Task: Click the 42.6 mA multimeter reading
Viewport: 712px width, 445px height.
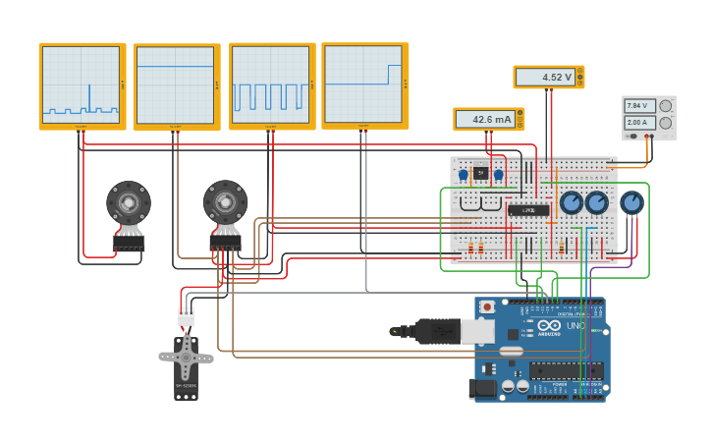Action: coord(484,119)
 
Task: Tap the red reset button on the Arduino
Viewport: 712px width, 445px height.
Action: coord(487,306)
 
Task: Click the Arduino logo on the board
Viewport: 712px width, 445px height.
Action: coord(548,326)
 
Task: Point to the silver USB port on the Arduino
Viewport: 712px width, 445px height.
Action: coord(477,331)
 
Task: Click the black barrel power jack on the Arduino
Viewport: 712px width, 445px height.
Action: coord(483,388)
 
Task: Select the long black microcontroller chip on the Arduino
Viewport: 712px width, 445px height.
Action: coord(567,370)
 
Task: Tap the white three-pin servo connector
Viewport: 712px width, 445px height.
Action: coord(186,316)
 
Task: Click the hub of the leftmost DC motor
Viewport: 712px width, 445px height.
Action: coord(129,203)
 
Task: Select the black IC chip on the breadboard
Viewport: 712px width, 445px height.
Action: coord(527,210)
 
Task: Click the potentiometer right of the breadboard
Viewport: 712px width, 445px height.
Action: coord(632,202)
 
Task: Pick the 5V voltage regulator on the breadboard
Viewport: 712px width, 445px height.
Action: coord(480,173)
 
